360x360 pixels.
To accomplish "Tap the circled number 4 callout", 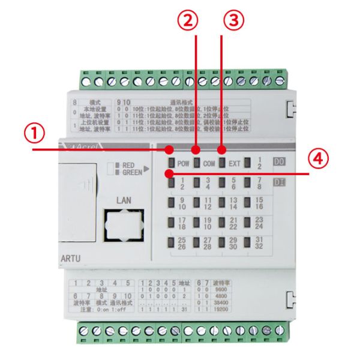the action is pos(321,158).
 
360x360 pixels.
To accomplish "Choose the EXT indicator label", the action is pos(235,162).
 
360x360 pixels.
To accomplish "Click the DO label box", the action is pos(279,162).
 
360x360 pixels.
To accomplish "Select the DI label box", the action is pos(279,182).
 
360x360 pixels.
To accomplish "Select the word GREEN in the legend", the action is pos(132,172).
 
